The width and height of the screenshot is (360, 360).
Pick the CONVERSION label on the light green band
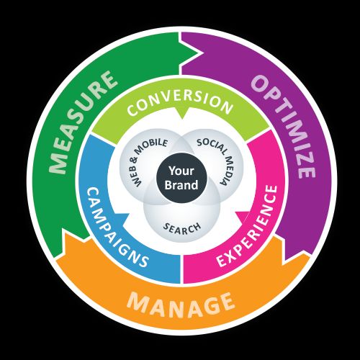click(180, 103)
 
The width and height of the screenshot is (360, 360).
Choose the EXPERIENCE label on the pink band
click(247, 225)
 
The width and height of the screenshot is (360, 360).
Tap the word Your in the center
click(181, 171)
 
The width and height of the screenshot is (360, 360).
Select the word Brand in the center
click(181, 185)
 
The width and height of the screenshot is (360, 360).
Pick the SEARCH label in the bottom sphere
click(181, 228)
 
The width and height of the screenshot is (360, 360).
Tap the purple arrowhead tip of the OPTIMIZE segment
click(286, 261)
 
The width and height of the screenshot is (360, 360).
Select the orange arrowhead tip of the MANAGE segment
click(64, 228)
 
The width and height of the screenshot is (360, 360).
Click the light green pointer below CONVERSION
click(181, 119)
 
